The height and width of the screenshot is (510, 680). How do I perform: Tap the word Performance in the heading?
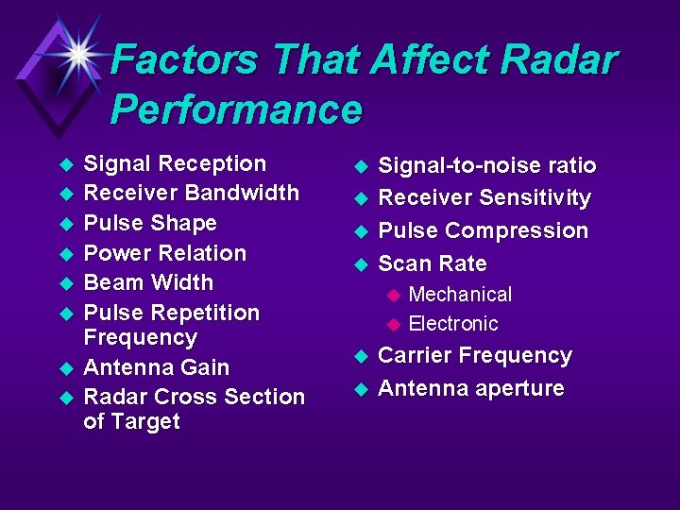(236, 110)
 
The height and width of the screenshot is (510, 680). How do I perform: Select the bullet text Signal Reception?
(175, 163)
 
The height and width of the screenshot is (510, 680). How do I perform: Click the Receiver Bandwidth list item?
(191, 193)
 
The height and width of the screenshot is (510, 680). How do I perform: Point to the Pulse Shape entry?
(150, 223)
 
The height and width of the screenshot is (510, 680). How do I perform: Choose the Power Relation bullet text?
(164, 253)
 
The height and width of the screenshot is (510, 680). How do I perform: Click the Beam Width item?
(148, 282)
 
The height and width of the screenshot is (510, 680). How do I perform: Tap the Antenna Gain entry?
(156, 367)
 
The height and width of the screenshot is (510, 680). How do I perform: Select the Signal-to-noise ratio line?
(486, 166)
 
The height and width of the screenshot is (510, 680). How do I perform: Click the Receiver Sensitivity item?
(484, 198)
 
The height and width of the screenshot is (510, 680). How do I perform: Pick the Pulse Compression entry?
(483, 230)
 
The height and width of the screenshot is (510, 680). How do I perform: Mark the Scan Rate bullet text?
(432, 263)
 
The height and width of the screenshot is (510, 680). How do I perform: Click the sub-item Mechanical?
(460, 295)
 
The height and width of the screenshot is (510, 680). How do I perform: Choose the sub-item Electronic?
(452, 324)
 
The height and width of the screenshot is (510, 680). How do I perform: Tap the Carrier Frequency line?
(474, 356)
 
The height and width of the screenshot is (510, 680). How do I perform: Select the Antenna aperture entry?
(470, 388)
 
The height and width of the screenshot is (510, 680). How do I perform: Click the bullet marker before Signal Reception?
(65, 165)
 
